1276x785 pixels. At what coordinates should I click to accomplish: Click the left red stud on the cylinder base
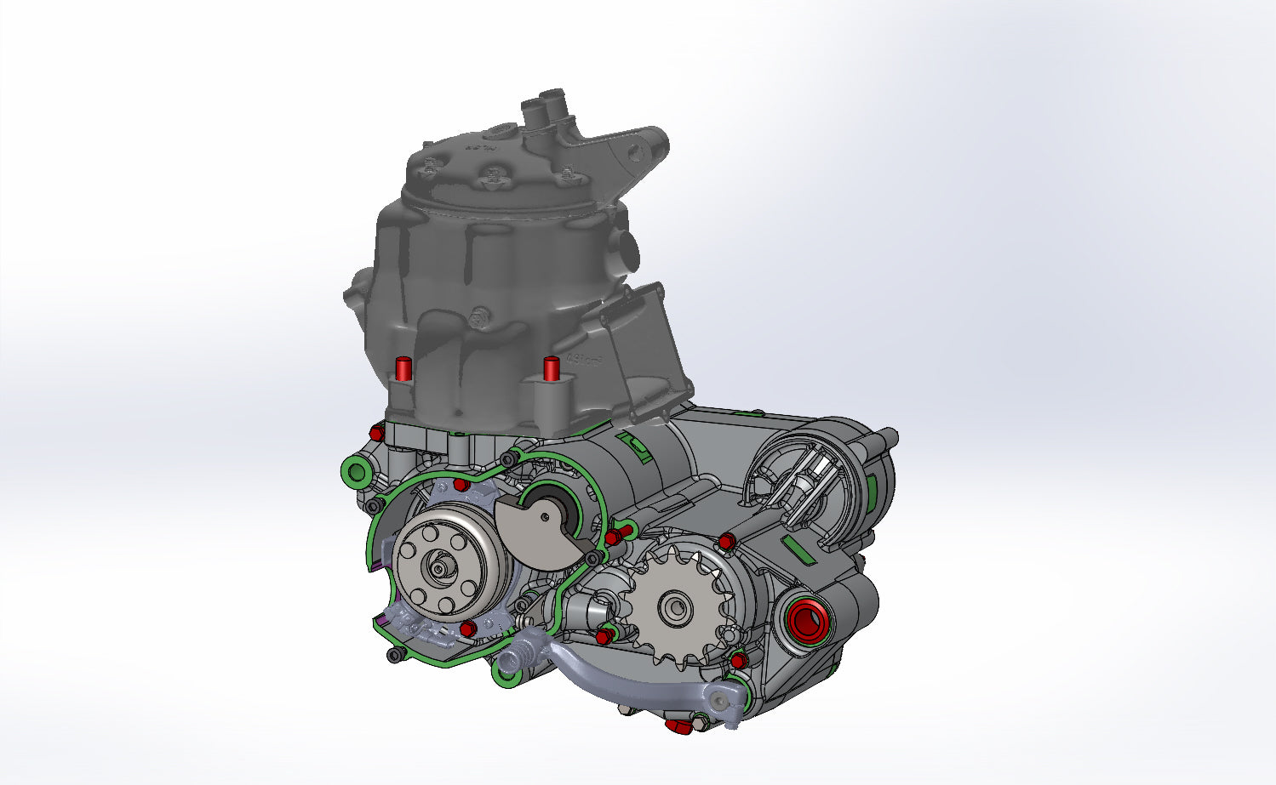tap(403, 369)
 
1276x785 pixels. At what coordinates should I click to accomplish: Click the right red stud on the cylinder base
tap(551, 368)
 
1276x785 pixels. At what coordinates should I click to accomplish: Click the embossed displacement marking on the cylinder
tap(585, 361)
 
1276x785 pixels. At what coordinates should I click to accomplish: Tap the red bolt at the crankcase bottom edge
tap(678, 725)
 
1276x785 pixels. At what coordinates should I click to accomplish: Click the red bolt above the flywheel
tap(460, 485)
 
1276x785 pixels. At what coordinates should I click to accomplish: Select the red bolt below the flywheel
tap(466, 629)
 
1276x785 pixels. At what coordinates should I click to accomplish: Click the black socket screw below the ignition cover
tap(395, 656)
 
